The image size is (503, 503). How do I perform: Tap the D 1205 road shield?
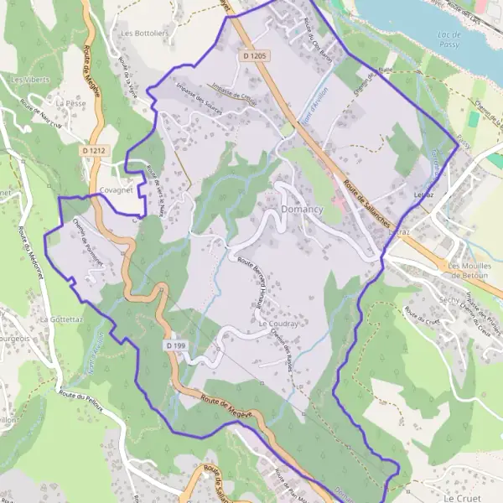pos(257,55)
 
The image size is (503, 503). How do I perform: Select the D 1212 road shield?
pos(94,151)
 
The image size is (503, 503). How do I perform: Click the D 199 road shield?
pos(174,345)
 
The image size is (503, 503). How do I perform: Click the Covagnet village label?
pos(117,191)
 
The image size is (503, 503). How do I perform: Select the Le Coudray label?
pos(278,323)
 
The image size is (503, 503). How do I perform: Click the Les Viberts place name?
pos(30,80)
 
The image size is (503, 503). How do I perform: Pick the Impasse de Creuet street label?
pos(234,95)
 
